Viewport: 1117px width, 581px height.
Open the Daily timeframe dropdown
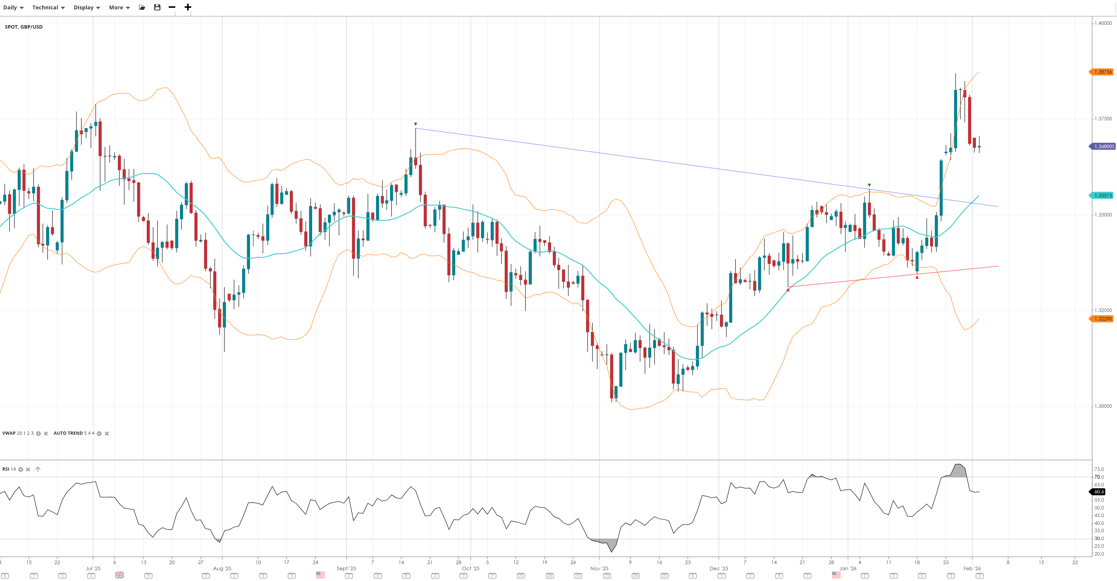(x=13, y=7)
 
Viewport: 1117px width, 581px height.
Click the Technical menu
(x=48, y=7)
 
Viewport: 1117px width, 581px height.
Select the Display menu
(x=86, y=7)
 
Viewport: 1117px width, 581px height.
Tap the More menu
(x=119, y=7)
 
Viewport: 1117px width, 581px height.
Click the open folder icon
(x=142, y=7)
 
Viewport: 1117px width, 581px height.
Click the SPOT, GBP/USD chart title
(x=24, y=27)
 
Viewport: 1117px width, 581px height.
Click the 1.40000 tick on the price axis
(x=1103, y=23)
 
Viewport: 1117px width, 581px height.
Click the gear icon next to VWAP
(x=39, y=434)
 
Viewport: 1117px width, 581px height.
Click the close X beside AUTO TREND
(x=107, y=434)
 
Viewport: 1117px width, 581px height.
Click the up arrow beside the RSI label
(x=38, y=469)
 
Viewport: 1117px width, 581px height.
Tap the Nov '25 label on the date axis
(x=599, y=568)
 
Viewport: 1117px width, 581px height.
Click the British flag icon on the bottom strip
(x=120, y=575)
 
